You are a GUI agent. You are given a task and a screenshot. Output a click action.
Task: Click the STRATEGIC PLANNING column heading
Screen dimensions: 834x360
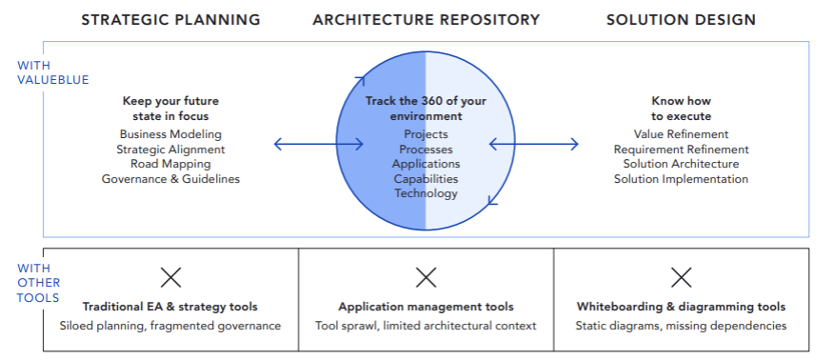point(170,20)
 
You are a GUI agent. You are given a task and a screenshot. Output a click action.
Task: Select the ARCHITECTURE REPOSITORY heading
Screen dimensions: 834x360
point(426,20)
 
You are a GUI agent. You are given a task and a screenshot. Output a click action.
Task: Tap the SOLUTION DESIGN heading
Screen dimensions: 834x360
point(681,20)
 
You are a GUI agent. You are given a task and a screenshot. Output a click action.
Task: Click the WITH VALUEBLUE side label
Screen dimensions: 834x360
point(53,72)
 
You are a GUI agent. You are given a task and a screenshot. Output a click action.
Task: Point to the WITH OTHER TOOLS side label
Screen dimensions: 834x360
point(39,283)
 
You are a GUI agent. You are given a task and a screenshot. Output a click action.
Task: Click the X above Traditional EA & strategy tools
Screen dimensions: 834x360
point(170,277)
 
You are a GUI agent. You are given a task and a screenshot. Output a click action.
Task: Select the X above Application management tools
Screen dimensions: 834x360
point(426,277)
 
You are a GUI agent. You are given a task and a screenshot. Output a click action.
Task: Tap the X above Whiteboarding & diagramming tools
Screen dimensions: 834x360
point(681,277)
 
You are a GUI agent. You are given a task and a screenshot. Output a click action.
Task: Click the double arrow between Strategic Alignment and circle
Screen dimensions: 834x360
point(319,144)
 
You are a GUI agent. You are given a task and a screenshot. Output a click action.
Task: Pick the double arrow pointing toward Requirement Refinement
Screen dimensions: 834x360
point(533,144)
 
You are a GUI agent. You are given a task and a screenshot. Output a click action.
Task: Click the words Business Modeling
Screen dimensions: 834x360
point(170,134)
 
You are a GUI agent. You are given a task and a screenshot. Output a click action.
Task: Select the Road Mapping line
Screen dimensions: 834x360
point(170,165)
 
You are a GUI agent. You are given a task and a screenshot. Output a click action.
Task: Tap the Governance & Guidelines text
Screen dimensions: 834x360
point(170,179)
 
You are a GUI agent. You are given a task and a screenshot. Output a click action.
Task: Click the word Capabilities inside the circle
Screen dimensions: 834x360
point(426,179)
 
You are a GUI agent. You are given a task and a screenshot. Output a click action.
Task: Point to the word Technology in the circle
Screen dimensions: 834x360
point(426,193)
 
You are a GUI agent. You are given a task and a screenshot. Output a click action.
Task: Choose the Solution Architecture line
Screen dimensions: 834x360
point(681,165)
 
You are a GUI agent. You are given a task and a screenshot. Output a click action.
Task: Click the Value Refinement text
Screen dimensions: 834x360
point(681,134)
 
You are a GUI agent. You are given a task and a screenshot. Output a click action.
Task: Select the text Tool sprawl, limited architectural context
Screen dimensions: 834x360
point(426,326)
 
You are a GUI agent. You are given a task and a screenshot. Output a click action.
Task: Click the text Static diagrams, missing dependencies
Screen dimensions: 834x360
point(681,326)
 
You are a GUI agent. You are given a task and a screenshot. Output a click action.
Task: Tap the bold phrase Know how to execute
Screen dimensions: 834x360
point(681,109)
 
